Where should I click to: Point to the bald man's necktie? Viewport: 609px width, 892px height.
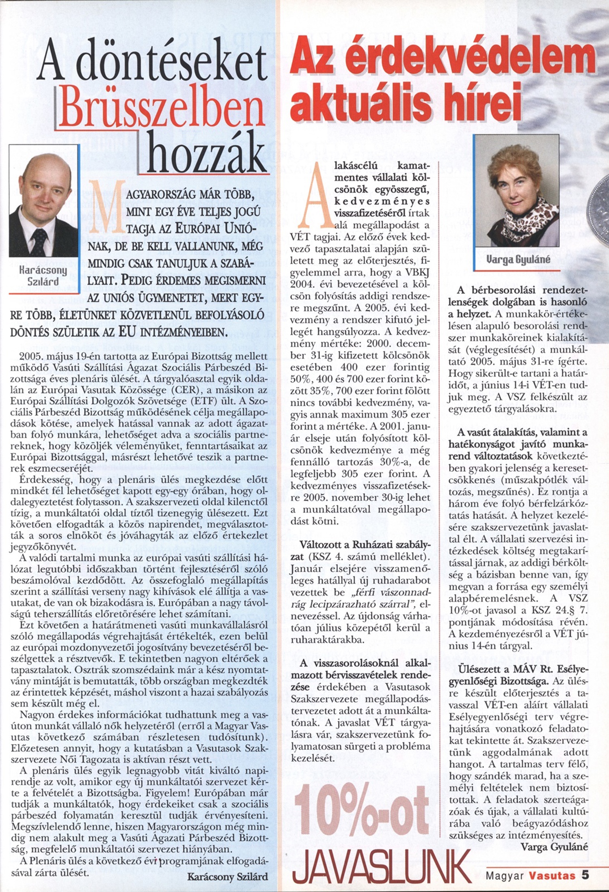39,242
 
